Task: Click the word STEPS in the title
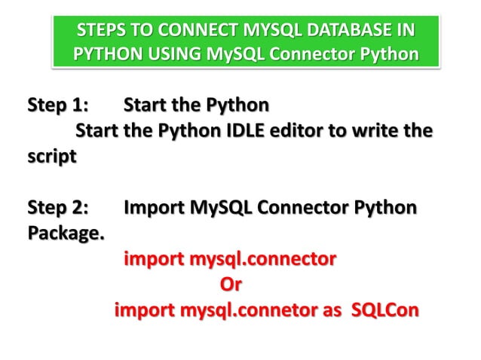pyautogui.click(x=101, y=33)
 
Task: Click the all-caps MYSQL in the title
pyautogui.click(x=270, y=33)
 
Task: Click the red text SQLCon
pyautogui.click(x=385, y=311)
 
